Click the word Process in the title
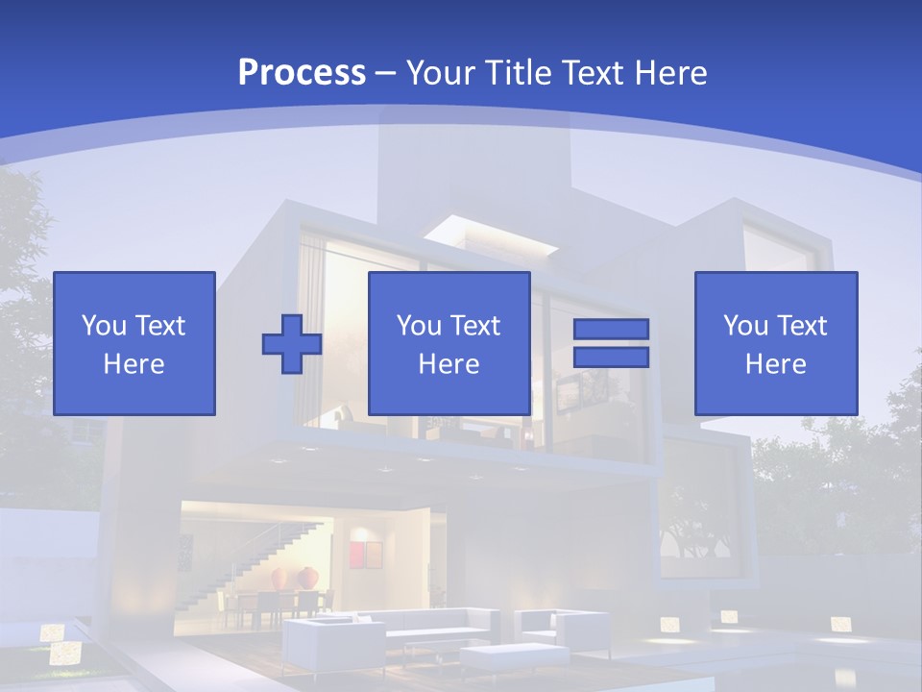302,72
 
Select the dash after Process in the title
386,73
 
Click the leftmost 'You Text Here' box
134,343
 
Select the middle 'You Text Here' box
449,343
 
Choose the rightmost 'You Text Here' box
776,343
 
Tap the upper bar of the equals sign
611,330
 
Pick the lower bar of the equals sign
611,357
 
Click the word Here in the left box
134,364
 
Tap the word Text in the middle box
475,326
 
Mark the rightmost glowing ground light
840,625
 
